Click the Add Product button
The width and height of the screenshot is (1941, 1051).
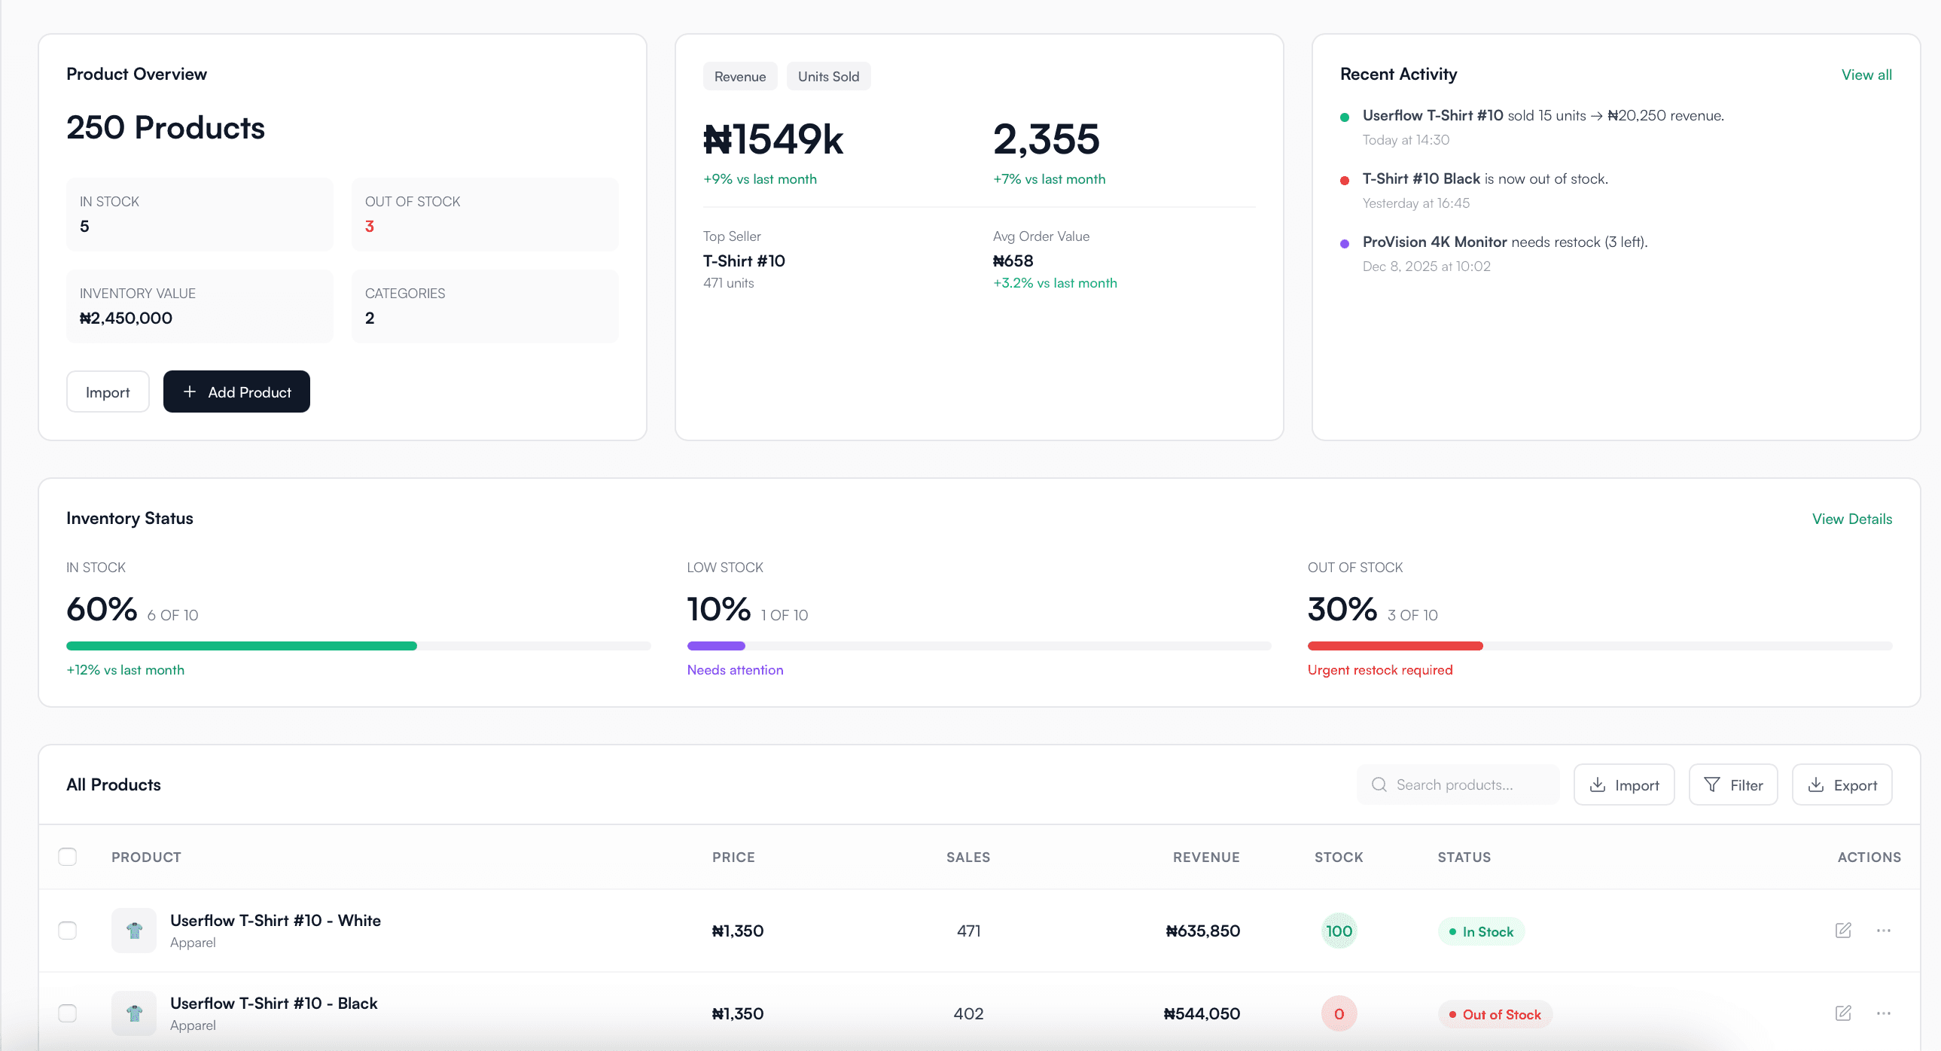coord(236,391)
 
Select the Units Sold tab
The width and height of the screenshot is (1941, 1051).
coord(828,76)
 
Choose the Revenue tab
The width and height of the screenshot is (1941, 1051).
coord(739,76)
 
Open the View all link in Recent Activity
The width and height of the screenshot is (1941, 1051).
coord(1866,75)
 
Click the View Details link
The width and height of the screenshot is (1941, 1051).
coord(1851,518)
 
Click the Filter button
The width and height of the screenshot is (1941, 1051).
coord(1732,784)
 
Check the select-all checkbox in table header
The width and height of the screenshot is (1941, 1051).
coord(68,857)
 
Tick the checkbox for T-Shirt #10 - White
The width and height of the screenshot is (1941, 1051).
coord(68,931)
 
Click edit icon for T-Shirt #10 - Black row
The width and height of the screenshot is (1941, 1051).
coord(1842,1013)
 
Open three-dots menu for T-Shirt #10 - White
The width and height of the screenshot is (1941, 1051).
coord(1883,931)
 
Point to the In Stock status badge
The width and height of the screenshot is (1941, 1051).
coord(1481,931)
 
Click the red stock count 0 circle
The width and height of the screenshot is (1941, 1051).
coord(1338,1014)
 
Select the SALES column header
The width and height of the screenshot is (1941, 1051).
coord(967,857)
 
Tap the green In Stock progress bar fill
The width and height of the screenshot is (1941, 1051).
coord(241,646)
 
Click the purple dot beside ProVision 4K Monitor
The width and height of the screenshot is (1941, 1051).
coord(1344,243)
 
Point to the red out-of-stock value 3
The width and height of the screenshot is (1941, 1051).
coord(369,226)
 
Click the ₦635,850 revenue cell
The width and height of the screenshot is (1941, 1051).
coord(1202,931)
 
